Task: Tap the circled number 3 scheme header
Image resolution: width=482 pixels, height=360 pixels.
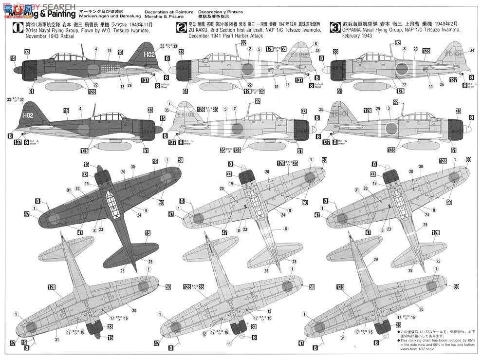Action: pos(335,28)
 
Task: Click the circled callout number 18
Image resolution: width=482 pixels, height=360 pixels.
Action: pos(109,51)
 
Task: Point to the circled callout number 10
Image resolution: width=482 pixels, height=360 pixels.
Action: pos(276,86)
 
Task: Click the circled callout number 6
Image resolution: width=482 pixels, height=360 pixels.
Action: pos(316,44)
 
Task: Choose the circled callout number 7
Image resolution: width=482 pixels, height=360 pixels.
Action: pos(169,103)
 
